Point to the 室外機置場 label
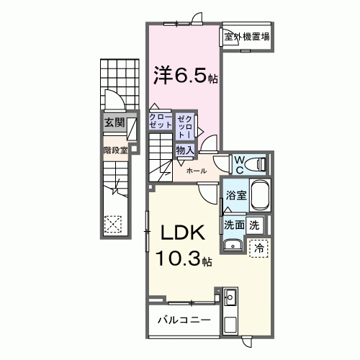pos(246,37)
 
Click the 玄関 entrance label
pos(114,122)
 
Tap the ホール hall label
pos(197,171)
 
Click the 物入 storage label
pos(184,150)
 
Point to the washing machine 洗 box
pos(254,224)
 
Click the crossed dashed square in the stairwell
pos(113,222)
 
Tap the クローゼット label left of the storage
pos(160,120)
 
